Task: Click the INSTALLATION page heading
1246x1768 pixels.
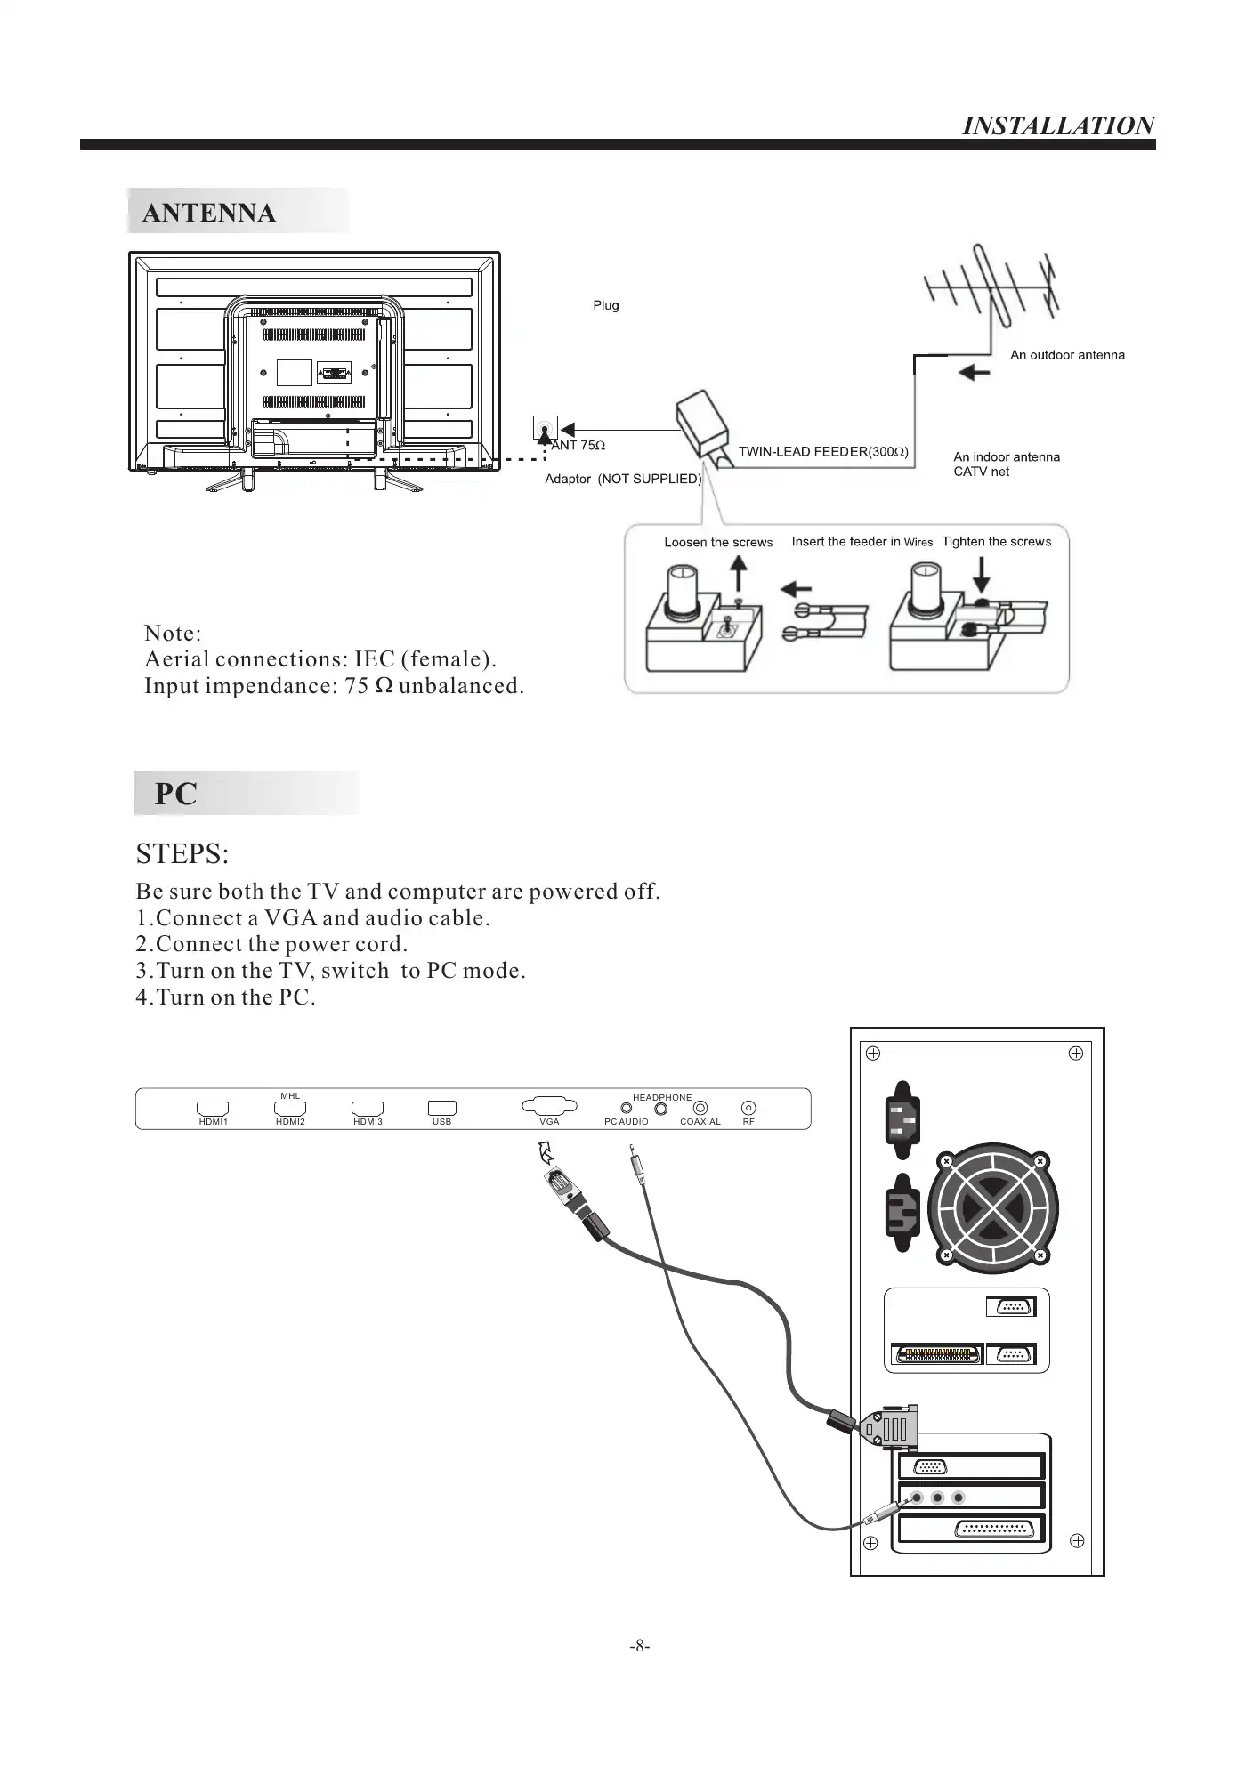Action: [1058, 125]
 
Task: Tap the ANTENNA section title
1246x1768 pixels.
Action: [209, 213]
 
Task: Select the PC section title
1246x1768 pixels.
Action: [176, 794]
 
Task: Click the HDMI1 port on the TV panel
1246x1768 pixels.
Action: [213, 1109]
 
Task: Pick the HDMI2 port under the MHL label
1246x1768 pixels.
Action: [290, 1109]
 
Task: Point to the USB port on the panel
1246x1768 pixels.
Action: [441, 1109]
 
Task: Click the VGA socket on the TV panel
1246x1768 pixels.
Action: [549, 1107]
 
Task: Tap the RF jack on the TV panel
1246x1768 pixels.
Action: [748, 1108]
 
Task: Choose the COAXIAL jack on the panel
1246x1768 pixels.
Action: [700, 1108]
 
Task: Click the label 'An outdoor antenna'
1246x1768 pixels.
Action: [1067, 355]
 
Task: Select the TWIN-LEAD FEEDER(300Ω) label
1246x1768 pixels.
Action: [823, 451]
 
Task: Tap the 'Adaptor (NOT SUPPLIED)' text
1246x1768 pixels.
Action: [623, 479]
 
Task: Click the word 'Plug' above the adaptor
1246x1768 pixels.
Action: [606, 305]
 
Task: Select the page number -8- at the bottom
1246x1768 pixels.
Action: [640, 1646]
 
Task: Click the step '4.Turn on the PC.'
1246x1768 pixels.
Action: [226, 997]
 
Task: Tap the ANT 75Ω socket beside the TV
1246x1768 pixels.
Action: [544, 429]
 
